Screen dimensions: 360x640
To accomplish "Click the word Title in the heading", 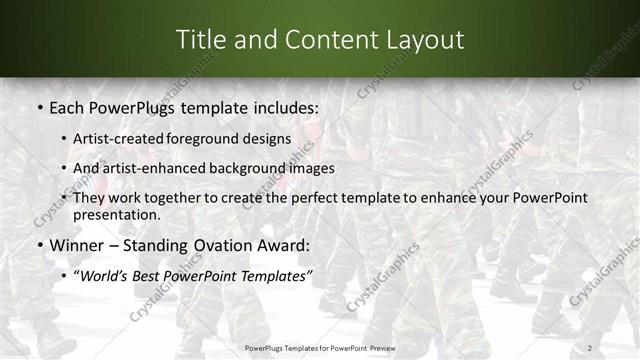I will tap(201, 39).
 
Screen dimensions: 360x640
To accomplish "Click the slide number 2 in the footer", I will tap(590, 347).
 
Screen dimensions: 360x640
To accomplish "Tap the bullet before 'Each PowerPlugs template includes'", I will tap(39, 105).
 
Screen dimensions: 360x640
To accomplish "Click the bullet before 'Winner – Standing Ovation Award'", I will tap(39, 245).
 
